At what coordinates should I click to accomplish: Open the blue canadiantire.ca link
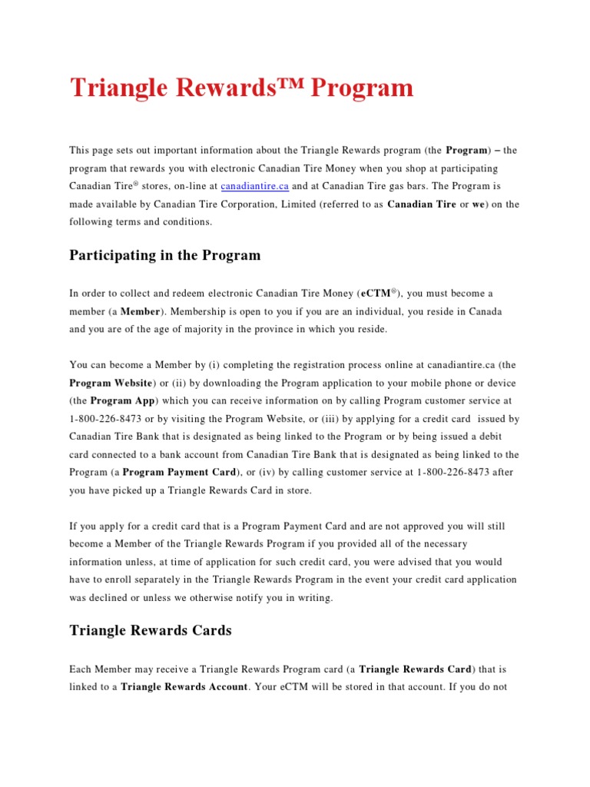pos(254,186)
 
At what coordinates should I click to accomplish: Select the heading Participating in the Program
pos(165,255)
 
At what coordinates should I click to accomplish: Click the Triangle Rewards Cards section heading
pos(151,630)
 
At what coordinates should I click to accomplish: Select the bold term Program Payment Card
pos(178,472)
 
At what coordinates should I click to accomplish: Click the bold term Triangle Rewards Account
pos(184,686)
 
